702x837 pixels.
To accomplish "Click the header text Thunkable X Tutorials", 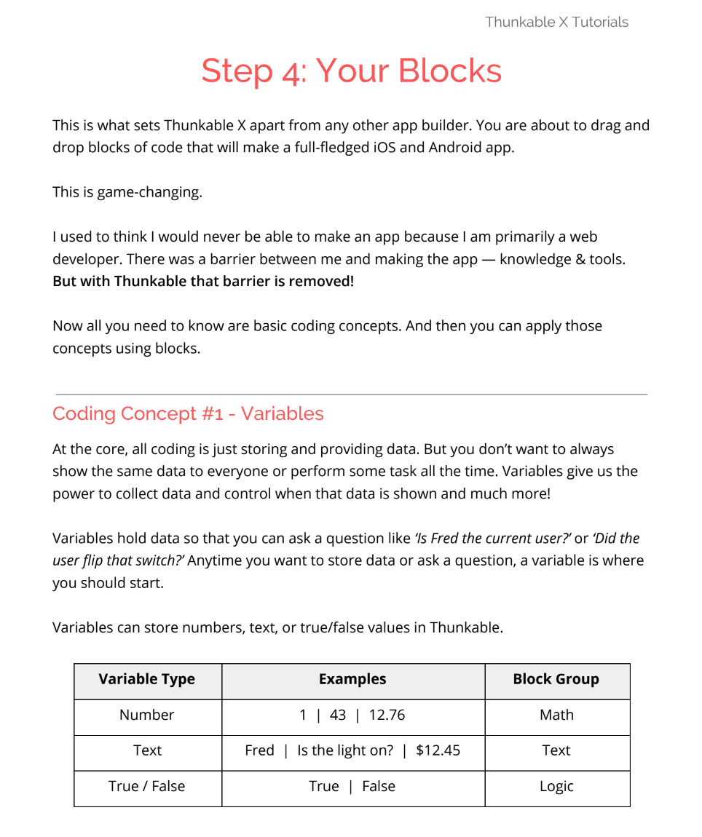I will tap(556, 22).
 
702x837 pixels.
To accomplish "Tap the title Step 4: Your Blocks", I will tap(351, 71).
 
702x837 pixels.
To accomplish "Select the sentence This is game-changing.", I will tap(127, 192).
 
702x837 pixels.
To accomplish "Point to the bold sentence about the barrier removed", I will tap(203, 280).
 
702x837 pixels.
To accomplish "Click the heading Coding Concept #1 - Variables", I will tap(188, 413).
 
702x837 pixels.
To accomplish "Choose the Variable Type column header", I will tap(147, 679).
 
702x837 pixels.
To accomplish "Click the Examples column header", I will tap(352, 679).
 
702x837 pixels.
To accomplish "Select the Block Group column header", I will tap(556, 679).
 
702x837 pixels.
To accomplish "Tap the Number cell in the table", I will tap(147, 715).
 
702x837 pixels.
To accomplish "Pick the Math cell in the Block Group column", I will tap(556, 715).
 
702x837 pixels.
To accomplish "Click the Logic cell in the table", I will tap(556, 786).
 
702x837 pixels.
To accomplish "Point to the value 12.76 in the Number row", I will tap(387, 715).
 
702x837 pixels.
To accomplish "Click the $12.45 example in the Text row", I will tap(438, 750).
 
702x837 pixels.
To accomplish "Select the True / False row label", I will tap(147, 786).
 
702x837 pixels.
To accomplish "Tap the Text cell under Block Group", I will tap(556, 750).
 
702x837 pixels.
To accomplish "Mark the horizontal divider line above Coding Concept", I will tap(351, 394).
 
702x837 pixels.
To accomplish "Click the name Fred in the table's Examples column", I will tap(259, 750).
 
